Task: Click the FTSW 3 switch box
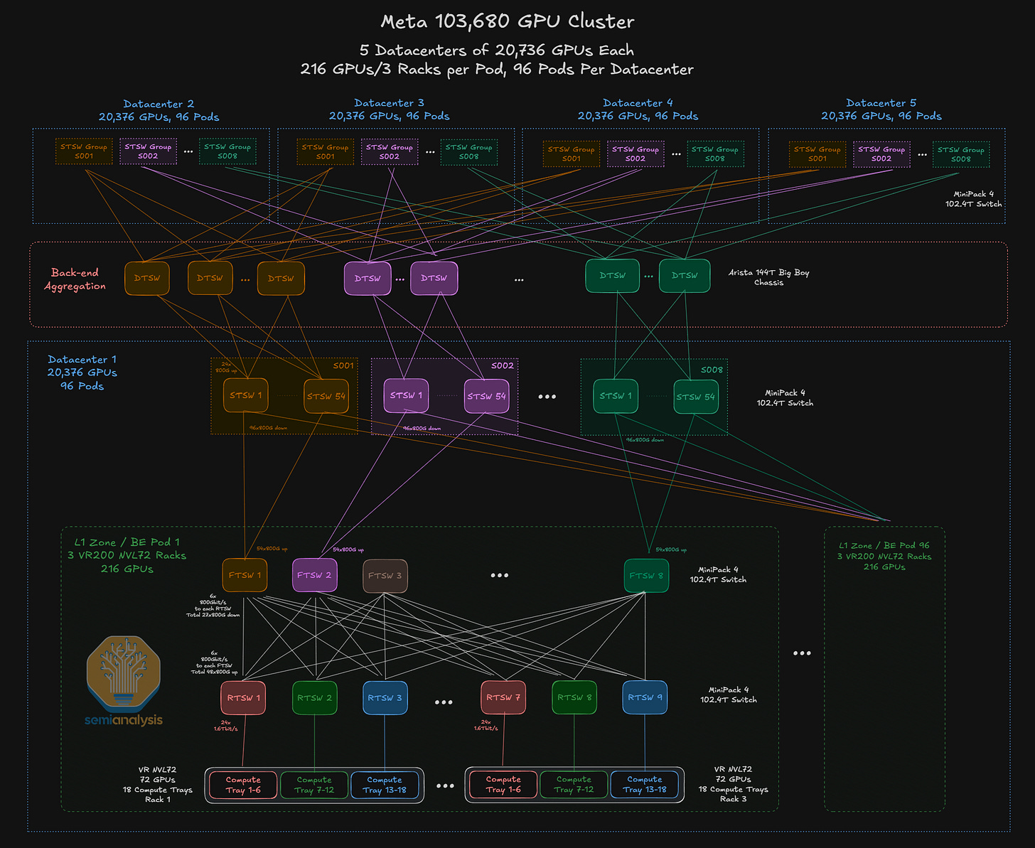[x=385, y=576]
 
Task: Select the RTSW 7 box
[x=503, y=697]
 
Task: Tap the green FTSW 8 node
[x=646, y=576]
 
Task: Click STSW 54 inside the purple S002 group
[x=486, y=396]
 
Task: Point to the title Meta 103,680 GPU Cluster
[x=507, y=21]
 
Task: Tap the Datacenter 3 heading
[x=389, y=103]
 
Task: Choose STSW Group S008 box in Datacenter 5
[x=960, y=154]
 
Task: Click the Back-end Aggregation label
[x=75, y=279]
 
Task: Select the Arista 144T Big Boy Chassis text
[x=768, y=277]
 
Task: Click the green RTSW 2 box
[x=315, y=697]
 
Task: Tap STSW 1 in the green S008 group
[x=616, y=396]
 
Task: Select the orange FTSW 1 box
[x=245, y=575]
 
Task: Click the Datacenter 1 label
[x=82, y=360]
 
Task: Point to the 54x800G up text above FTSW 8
[x=670, y=549]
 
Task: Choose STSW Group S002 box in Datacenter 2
[x=148, y=151]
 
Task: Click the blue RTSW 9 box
[x=645, y=697]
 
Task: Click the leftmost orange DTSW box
[x=147, y=278]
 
